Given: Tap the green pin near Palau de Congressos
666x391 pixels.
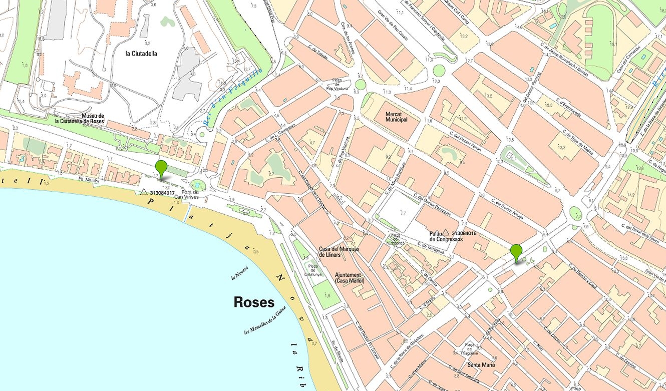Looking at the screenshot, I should pyautogui.click(x=516, y=251).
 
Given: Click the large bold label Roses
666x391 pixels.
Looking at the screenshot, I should pyautogui.click(x=254, y=302).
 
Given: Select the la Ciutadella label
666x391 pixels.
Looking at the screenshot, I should pyautogui.click(x=141, y=54).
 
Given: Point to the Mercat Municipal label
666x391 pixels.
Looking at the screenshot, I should pyautogui.click(x=396, y=117).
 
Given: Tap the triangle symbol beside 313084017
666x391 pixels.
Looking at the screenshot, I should pyautogui.click(x=144, y=192).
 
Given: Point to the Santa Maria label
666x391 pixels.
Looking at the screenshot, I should pyautogui.click(x=481, y=365).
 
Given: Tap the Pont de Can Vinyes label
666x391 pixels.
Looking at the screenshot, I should pyautogui.click(x=186, y=194).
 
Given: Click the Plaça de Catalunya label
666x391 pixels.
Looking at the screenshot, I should pyautogui.click(x=313, y=270).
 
